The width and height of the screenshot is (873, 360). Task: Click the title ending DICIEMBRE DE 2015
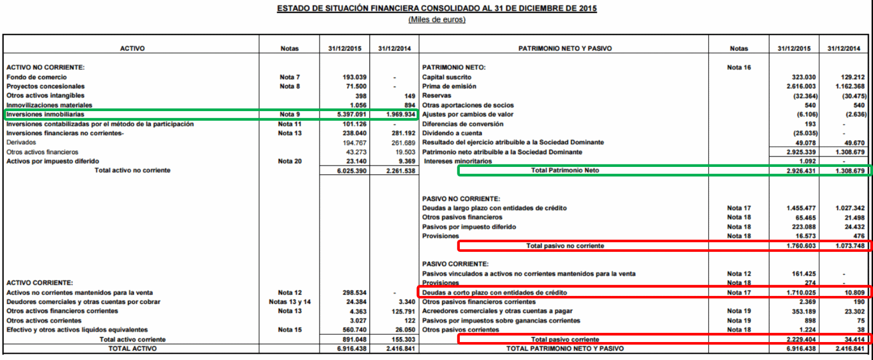[436, 8]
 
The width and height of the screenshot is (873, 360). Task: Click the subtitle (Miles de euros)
[436, 19]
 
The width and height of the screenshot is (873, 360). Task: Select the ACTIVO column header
[132, 49]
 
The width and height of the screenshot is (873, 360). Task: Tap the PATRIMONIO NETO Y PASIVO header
[565, 49]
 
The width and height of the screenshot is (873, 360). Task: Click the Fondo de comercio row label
[36, 77]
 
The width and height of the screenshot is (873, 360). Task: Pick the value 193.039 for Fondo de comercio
[354, 77]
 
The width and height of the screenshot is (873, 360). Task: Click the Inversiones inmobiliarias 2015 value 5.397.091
[352, 115]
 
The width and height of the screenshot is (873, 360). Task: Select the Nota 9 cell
[290, 115]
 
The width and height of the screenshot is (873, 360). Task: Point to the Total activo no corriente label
[132, 170]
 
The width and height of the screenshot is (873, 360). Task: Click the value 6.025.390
[352, 171]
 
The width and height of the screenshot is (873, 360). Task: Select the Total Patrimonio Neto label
[565, 170]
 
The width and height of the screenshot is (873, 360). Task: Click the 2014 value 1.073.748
[850, 246]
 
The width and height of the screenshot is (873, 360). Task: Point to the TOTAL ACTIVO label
[132, 348]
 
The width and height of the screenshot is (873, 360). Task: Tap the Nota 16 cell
[738, 67]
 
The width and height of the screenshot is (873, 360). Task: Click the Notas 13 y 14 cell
[290, 302]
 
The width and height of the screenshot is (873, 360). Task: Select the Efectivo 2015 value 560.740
[354, 330]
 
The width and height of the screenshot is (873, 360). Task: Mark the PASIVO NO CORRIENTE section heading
[461, 199]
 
